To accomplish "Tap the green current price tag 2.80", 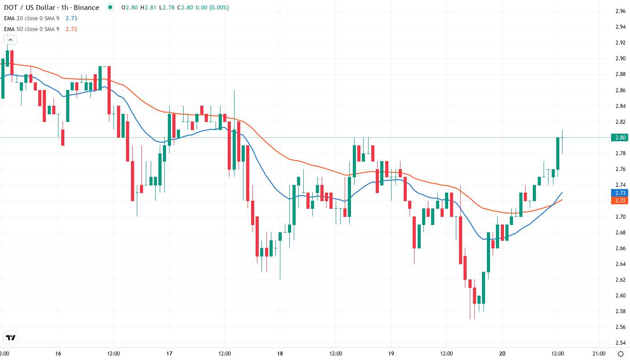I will (619, 137).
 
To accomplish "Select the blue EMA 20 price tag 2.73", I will (619, 193).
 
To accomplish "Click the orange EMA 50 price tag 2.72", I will (619, 201).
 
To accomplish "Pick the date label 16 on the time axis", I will (58, 353).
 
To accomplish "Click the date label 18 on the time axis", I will (280, 353).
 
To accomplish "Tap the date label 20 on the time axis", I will (502, 353).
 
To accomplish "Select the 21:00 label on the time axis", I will (598, 353).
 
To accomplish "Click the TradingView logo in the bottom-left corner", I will (11, 337).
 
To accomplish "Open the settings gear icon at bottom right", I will (621, 354).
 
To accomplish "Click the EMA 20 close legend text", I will (31, 18).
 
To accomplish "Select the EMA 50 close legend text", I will (31, 29).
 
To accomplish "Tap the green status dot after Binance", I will (110, 8).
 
